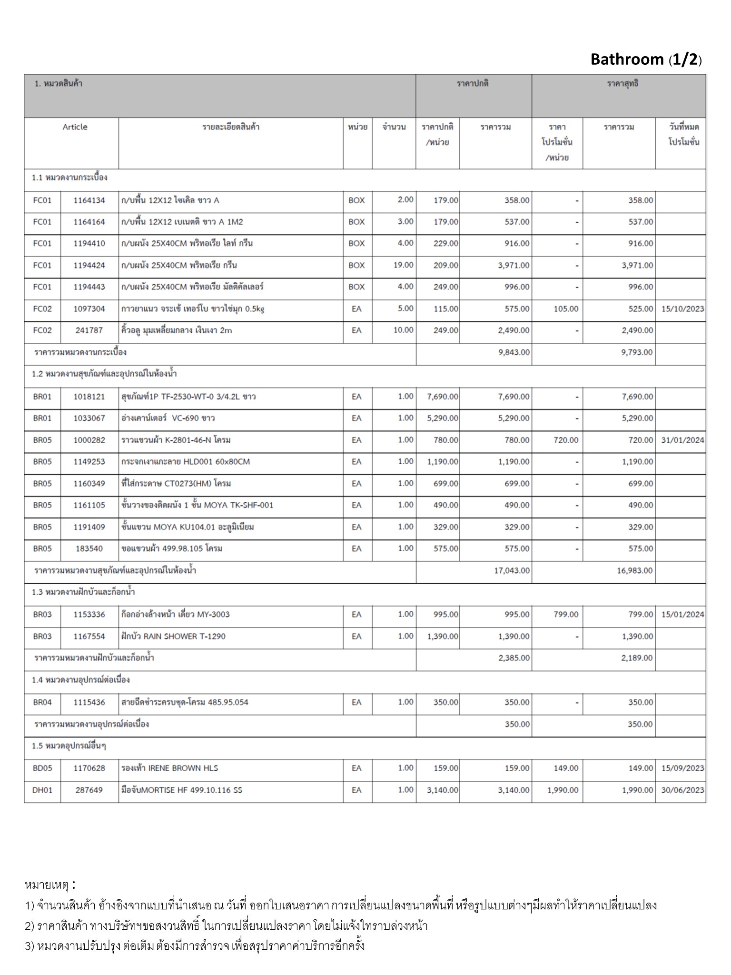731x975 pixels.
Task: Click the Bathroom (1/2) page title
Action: pos(646,60)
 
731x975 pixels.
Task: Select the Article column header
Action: pos(75,127)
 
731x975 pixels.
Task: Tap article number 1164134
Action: pos(89,200)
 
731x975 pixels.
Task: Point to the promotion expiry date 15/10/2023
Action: pos(682,309)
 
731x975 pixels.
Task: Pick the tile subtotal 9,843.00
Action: pos(513,352)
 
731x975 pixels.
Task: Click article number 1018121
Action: pos(89,397)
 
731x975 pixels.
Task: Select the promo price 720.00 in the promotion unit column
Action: pos(566,440)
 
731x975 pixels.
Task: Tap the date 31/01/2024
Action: pos(682,440)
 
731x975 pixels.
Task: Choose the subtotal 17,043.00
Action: pos(512,570)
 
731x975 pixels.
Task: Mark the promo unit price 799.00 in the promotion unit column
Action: pos(566,615)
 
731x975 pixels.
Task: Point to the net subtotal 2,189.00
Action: pos(635,658)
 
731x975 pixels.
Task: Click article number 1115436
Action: pos(89,702)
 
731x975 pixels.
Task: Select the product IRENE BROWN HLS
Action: pos(170,768)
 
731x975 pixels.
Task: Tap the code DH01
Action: pos(42,790)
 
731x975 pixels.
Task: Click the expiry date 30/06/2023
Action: pos(682,790)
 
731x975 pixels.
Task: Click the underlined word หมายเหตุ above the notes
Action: pos(47,885)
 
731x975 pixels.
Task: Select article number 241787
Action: pos(89,330)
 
